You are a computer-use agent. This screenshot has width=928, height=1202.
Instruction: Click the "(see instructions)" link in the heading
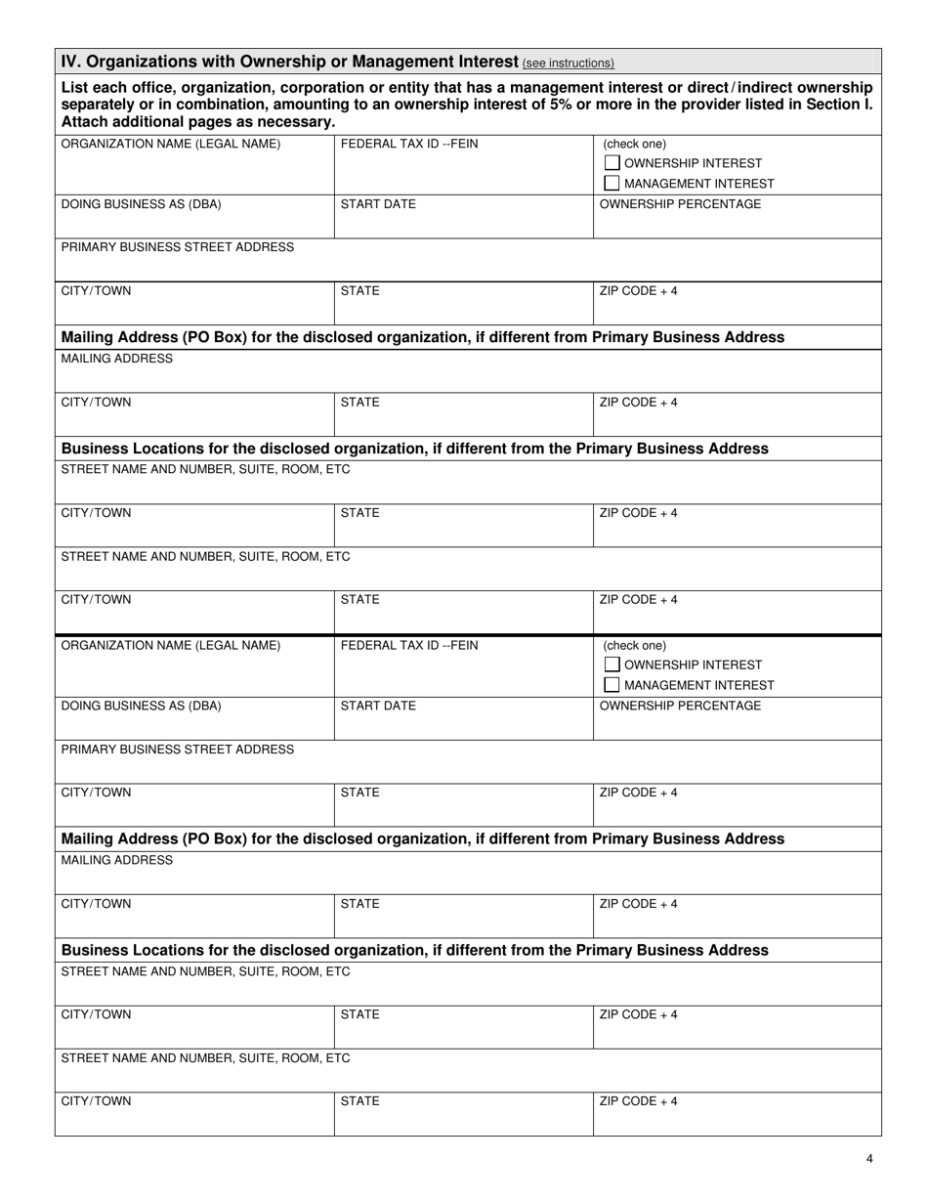coord(569,64)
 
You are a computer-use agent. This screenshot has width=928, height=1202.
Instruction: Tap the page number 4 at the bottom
coord(869,1159)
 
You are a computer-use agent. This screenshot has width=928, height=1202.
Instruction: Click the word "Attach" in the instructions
coord(84,122)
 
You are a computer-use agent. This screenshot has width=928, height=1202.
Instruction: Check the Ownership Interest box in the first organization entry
coord(612,163)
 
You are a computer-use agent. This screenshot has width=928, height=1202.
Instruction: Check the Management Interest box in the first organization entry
coord(612,183)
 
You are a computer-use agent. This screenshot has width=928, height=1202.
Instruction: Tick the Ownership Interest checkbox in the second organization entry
coord(612,665)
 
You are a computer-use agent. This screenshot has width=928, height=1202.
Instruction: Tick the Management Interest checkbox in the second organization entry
coord(612,685)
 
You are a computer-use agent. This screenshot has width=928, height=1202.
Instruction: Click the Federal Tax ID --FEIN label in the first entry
coord(409,144)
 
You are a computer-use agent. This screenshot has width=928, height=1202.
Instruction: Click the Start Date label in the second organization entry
coord(378,706)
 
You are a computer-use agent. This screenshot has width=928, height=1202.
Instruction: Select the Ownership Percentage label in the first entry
coord(680,204)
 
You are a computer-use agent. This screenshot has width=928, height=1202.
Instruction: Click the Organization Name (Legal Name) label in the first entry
coord(170,144)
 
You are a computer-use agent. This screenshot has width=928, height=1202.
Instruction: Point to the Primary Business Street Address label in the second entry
coord(177,749)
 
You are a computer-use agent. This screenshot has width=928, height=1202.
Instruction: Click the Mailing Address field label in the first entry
coord(116,359)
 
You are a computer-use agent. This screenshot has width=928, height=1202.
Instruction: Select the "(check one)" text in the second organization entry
coord(635,645)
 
